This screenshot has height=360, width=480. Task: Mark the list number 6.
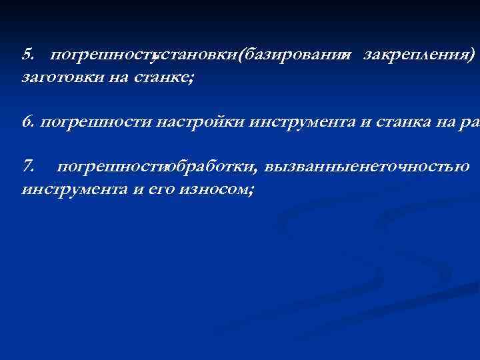click(x=28, y=121)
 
